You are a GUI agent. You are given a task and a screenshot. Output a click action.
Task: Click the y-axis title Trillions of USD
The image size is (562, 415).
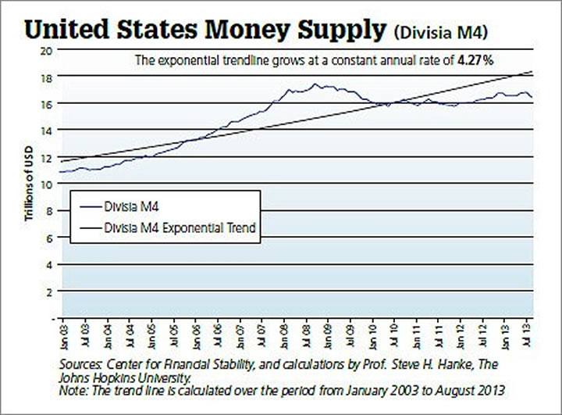click(29, 184)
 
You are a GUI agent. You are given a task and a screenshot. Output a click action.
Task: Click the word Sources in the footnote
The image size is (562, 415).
click(81, 364)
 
